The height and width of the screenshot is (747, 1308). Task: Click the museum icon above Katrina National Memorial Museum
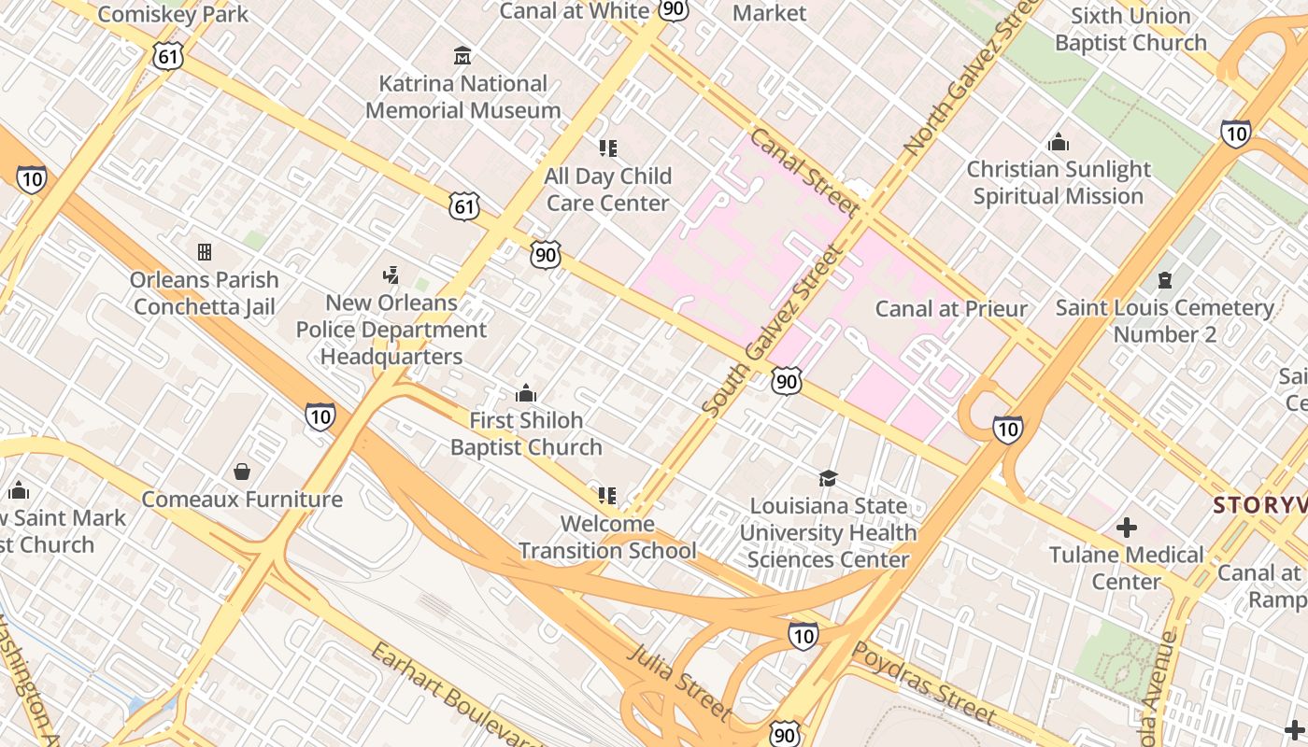462,56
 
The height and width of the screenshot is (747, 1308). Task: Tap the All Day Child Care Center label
608,190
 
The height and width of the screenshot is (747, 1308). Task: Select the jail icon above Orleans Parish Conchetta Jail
205,252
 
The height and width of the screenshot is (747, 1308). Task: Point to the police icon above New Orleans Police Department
391,275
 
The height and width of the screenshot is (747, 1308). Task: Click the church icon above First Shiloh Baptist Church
526,393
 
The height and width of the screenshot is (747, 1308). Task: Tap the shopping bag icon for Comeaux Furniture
242,472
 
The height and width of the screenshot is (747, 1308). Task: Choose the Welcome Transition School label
608,537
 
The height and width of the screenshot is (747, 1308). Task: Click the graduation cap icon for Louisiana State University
828,478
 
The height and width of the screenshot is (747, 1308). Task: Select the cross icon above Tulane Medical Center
1127,528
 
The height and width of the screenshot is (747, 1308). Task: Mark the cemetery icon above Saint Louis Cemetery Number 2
1164,280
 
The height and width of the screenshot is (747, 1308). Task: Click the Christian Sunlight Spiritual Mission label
1059,183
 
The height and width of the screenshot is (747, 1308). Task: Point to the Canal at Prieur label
951,308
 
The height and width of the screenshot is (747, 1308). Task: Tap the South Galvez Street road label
773,331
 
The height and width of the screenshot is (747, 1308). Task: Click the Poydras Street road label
925,684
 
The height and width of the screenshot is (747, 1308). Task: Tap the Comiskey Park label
173,14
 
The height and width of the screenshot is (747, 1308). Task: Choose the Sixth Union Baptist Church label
1130,29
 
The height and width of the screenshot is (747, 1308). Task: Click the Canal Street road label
804,174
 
